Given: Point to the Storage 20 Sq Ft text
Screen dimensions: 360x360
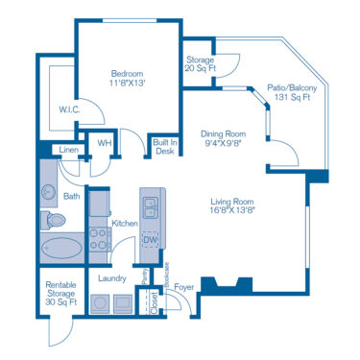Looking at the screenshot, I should [200, 63].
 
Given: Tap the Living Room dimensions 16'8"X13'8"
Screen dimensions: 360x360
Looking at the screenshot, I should [233, 208].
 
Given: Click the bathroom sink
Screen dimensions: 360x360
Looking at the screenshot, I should [49, 191].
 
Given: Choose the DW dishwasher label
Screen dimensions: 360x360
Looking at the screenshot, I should [150, 239].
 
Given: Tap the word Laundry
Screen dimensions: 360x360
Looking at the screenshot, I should [112, 277].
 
